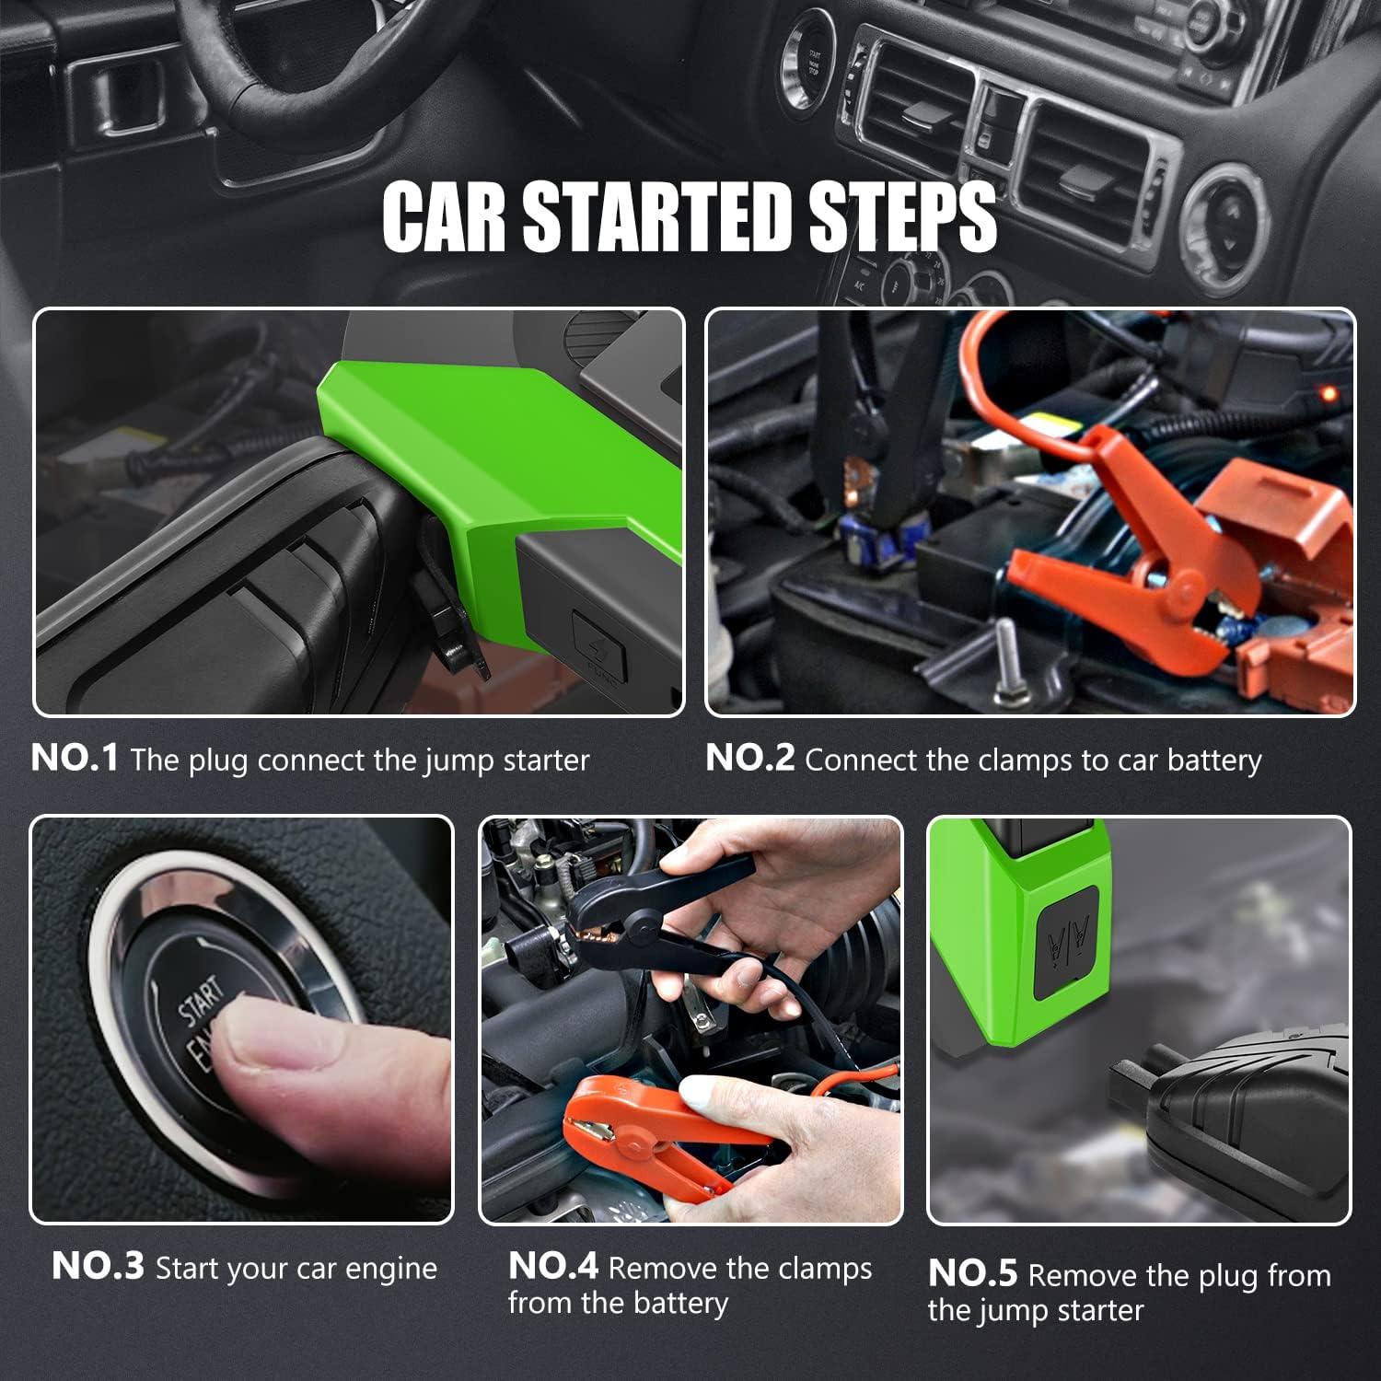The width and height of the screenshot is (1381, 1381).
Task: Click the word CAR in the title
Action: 444,216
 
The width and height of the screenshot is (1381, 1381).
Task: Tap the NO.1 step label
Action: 75,758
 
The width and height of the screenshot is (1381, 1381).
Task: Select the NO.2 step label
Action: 749,758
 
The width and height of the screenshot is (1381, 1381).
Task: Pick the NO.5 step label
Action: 973,1273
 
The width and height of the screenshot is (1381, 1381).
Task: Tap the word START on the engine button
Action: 202,1001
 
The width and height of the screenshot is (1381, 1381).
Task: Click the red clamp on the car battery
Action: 1132,562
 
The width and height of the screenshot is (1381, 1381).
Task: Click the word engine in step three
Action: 390,1270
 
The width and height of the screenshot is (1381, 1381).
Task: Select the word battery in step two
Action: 1214,761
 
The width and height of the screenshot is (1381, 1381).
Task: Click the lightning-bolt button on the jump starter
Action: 599,644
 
